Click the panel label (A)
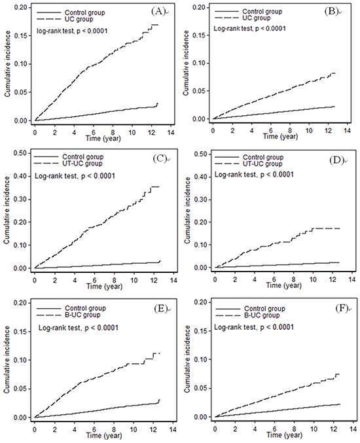coord(158,11)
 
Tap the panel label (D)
coord(336,160)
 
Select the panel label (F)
coord(342,308)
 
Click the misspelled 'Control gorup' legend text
coord(82,157)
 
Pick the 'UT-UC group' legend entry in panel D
coord(262,164)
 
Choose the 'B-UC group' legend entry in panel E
coord(82,315)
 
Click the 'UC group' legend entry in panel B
coord(257,18)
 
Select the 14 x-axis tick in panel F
coord(353,429)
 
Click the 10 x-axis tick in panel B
coord(309,130)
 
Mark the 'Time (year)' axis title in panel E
coord(104,435)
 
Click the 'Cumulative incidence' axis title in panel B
coord(186,63)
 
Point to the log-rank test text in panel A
coord(72,31)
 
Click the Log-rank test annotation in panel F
coord(254,327)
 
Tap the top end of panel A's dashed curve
coord(158,25)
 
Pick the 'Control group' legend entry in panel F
coord(265,308)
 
